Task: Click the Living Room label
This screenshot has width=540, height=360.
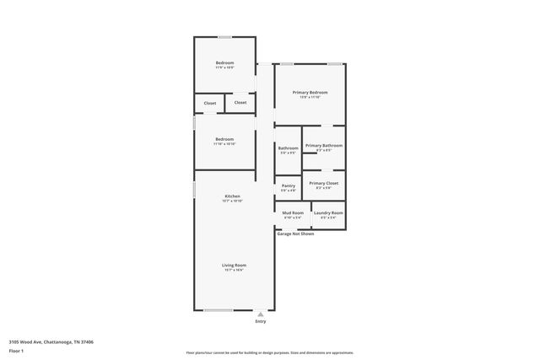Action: [x=234, y=266]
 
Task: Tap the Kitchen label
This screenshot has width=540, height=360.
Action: [x=232, y=196]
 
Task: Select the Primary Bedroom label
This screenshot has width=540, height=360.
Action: [x=310, y=92]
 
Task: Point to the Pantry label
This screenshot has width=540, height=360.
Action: [x=288, y=185]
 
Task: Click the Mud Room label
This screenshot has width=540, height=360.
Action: [x=293, y=212]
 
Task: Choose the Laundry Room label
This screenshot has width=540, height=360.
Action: [x=328, y=212]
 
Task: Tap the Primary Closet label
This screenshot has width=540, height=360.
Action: [x=323, y=183]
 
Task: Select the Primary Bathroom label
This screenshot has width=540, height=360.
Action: [x=324, y=146]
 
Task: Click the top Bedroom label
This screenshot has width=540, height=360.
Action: [x=224, y=63]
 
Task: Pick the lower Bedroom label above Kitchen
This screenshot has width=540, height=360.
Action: [x=224, y=139]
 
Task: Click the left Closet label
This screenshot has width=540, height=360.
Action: [x=210, y=104]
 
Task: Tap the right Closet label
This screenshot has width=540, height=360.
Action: [x=240, y=103]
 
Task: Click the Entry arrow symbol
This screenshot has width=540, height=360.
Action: [x=260, y=314]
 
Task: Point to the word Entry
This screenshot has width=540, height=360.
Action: [x=260, y=321]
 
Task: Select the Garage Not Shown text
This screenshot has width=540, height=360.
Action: [x=295, y=234]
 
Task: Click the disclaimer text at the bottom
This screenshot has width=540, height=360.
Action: [x=270, y=352]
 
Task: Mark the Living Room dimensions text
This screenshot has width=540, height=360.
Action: [x=234, y=271]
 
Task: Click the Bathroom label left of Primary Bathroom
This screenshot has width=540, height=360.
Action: [x=288, y=148]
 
